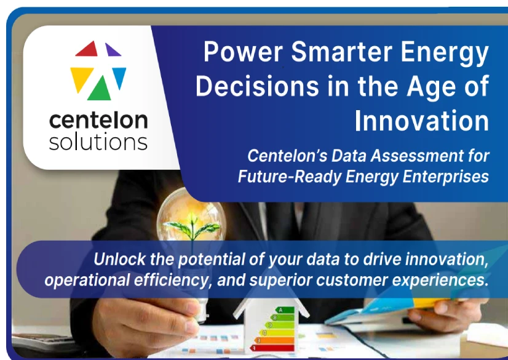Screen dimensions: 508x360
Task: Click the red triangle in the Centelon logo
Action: (88, 50)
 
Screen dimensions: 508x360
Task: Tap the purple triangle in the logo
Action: (111, 50)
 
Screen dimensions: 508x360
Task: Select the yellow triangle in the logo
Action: (81, 78)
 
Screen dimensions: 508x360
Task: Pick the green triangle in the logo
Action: (100, 89)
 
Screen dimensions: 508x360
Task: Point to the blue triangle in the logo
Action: (119, 76)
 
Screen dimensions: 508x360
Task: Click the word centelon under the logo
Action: (98, 120)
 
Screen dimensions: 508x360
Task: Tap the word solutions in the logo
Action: (98, 142)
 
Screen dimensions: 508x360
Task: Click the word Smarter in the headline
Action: (341, 52)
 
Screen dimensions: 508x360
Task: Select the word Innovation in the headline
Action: (421, 121)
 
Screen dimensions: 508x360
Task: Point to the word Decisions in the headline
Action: (257, 86)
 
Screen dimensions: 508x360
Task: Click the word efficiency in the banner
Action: (173, 280)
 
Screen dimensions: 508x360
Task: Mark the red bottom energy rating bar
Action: (272, 348)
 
